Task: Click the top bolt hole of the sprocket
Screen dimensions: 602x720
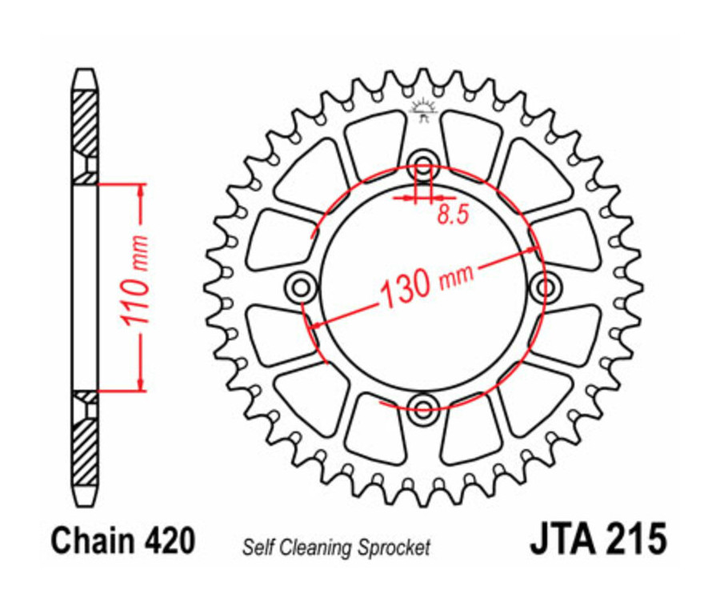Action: [x=424, y=160]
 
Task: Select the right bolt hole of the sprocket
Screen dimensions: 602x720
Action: [x=546, y=285]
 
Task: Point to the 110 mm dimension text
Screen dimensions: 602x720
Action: [x=137, y=284]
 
